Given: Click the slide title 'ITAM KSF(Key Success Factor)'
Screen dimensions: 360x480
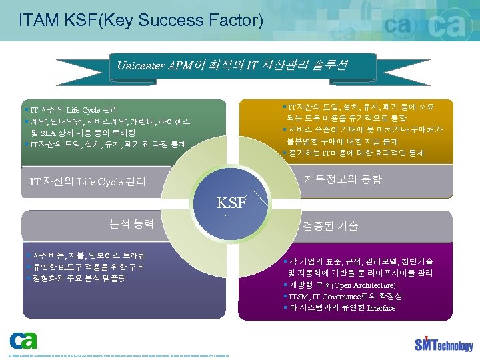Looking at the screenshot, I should pos(141,19).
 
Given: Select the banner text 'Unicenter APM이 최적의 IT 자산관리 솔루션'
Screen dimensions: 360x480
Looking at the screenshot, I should pos(231,65).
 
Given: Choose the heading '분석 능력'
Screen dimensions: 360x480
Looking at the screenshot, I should pos(131,223).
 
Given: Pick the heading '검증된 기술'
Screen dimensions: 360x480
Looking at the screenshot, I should pos(331,226).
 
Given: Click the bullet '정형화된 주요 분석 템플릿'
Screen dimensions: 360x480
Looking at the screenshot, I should pos(76,278).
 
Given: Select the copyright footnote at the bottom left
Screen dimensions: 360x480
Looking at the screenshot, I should pos(117,355).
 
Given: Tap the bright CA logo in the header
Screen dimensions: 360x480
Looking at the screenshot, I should pos(444,27).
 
